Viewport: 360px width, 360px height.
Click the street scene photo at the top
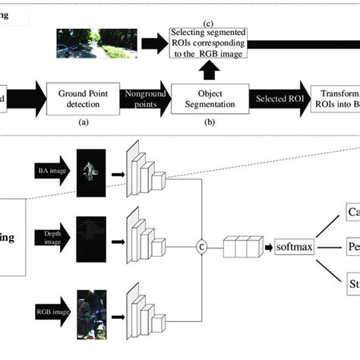96,43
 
